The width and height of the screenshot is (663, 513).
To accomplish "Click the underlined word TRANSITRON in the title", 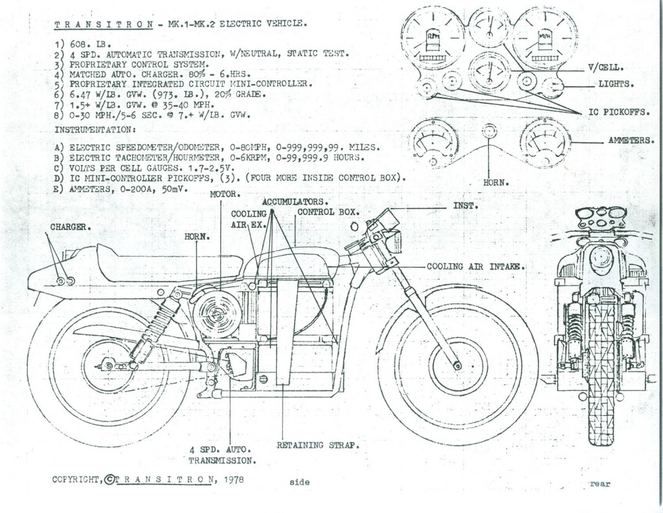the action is pyautogui.click(x=104, y=24).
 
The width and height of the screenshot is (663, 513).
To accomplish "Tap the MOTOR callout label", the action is pyautogui.click(x=225, y=194).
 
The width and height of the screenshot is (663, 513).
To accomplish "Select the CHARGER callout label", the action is pyautogui.click(x=71, y=227).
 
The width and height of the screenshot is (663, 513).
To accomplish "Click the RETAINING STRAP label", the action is pyautogui.click(x=318, y=445).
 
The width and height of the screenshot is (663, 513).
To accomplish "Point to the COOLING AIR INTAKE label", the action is pyautogui.click(x=476, y=267).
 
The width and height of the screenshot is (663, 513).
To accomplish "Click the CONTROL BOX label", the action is pyautogui.click(x=328, y=212).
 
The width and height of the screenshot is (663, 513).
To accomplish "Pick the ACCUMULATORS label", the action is pyautogui.click(x=295, y=202).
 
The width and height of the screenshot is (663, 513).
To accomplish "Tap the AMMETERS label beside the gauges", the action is pyautogui.click(x=631, y=140).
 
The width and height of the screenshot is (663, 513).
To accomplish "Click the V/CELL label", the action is pyautogui.click(x=606, y=67).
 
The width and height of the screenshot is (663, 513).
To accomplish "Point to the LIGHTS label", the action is pyautogui.click(x=616, y=83).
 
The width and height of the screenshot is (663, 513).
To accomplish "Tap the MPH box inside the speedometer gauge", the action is pyautogui.click(x=543, y=37).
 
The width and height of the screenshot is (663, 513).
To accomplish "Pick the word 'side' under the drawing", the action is pyautogui.click(x=299, y=482).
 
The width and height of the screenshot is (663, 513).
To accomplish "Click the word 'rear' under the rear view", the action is pyautogui.click(x=600, y=484).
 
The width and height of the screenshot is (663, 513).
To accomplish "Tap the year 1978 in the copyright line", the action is pyautogui.click(x=234, y=479).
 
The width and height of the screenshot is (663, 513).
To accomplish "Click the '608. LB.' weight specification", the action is pyautogui.click(x=91, y=44).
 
